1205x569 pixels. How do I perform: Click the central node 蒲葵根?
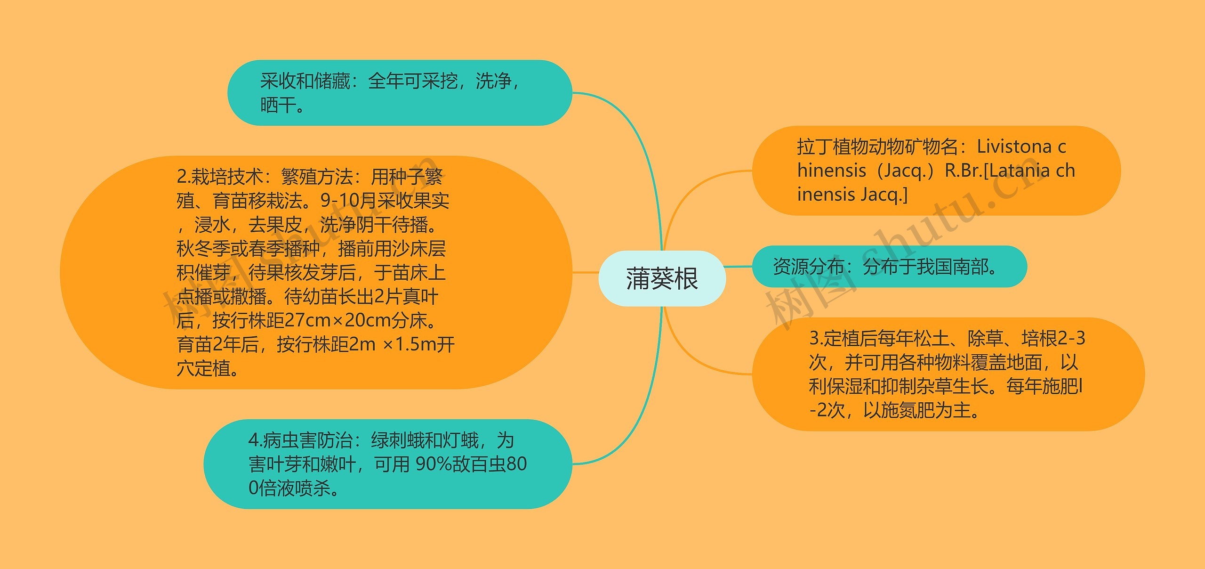coord(662,278)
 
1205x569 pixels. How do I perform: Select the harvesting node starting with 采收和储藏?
coord(399,93)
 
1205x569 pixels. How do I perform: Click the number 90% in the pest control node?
coord(433,464)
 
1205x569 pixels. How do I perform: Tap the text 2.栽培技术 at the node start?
coord(220,177)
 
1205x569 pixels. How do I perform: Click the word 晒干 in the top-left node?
coord(277,105)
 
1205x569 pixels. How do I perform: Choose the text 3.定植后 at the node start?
coord(842,338)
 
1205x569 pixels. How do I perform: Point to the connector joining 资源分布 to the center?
coord(739,267)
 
